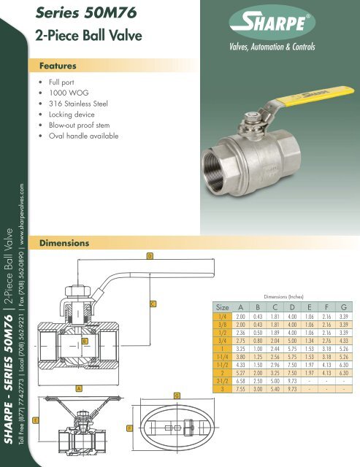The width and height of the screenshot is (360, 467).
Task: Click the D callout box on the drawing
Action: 150,255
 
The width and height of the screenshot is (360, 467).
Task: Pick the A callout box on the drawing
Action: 78,389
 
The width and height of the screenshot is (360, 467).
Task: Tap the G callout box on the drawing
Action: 175,395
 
